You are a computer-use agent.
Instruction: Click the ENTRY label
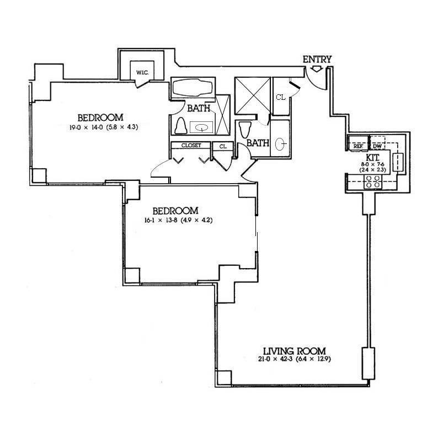(x=317, y=59)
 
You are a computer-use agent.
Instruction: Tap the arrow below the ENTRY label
(x=317, y=69)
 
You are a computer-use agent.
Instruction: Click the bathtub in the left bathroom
(x=193, y=88)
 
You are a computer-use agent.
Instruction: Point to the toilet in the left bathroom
(x=180, y=126)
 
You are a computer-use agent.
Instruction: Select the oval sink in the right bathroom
(x=281, y=145)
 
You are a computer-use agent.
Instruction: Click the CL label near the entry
(x=280, y=97)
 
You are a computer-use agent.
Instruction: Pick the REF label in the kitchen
(x=357, y=146)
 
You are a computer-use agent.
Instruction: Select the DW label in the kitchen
(x=377, y=146)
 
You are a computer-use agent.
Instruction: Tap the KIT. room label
(x=371, y=157)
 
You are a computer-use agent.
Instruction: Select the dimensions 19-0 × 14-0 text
(x=100, y=127)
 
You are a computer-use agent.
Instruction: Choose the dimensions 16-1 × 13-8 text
(x=175, y=220)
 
